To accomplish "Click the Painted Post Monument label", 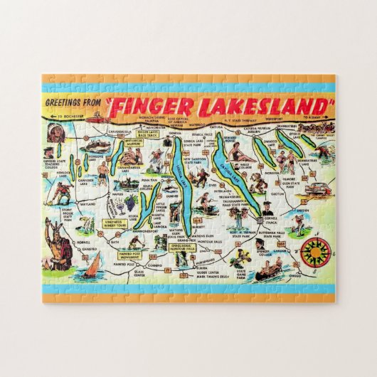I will pos(113,253).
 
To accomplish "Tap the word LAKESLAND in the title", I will pos(262,107).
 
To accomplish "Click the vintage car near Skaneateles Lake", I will pos(318,186).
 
